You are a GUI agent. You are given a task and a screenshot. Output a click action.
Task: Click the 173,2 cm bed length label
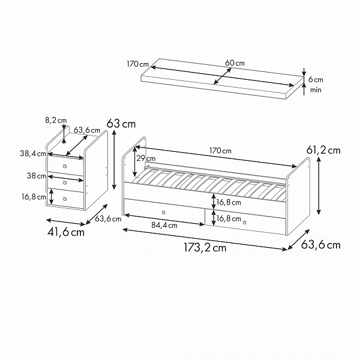pyautogui.click(x=205, y=248)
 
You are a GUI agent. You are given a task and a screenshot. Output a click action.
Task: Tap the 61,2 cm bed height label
pyautogui.click(x=323, y=151)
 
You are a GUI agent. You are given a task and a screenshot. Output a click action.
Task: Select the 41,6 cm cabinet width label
pyautogui.click(x=66, y=232)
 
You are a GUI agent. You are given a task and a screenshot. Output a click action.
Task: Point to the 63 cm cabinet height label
pyautogui.click(x=121, y=124)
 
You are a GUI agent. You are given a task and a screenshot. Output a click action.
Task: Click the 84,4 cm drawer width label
pyautogui.click(x=164, y=226)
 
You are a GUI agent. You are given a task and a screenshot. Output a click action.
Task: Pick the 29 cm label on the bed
pyautogui.click(x=146, y=158)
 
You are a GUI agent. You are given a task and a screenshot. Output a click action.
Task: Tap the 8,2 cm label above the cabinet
pyautogui.click(x=56, y=121)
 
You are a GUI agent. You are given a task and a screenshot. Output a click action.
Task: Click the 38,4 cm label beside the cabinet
pyautogui.click(x=33, y=154)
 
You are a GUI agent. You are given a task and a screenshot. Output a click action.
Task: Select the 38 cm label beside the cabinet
pyautogui.click(x=37, y=176)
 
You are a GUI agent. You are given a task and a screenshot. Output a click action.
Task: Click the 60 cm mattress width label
pyautogui.click(x=235, y=63)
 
